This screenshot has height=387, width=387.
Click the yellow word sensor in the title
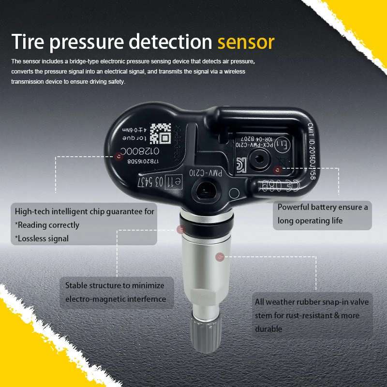pyautogui.click(x=246, y=43)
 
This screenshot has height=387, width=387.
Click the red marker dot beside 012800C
pyautogui.click(x=119, y=156)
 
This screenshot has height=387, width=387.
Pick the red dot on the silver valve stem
pyautogui.click(x=221, y=257)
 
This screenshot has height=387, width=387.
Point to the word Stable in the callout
pyautogui.click(x=76, y=285)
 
